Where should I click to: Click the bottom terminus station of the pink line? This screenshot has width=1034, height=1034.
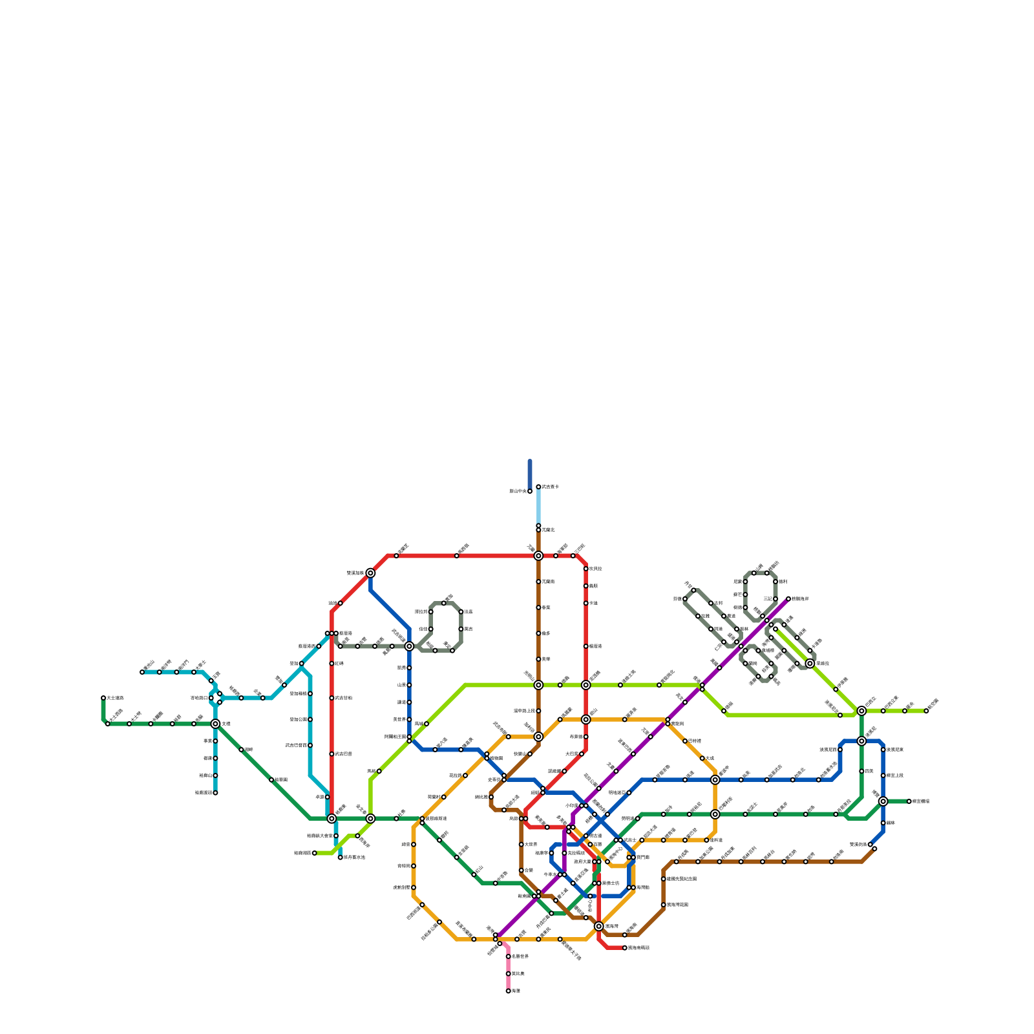pyautogui.click(x=509, y=991)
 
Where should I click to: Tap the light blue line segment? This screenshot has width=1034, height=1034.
pyautogui.click(x=538, y=507)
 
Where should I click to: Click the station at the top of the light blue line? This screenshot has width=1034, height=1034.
pyautogui.click(x=538, y=487)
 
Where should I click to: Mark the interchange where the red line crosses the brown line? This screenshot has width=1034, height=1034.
pyautogui.click(x=538, y=556)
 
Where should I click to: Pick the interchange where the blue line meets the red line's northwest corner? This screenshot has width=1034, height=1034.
pyautogui.click(x=370, y=573)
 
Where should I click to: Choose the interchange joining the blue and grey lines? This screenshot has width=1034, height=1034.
pyautogui.click(x=409, y=646)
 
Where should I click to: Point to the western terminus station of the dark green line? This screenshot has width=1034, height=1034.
pyautogui.click(x=103, y=698)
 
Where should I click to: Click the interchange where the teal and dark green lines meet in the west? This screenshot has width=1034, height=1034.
pyautogui.click(x=215, y=724)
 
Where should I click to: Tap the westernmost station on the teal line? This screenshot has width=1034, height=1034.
pyautogui.click(x=142, y=672)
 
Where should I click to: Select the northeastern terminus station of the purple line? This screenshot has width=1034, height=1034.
pyautogui.click(x=788, y=599)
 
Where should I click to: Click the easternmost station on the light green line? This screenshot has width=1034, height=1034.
pyautogui.click(x=926, y=711)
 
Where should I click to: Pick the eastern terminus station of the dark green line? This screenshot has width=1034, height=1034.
pyautogui.click(x=909, y=801)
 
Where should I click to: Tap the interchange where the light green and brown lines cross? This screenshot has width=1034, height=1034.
pyautogui.click(x=538, y=685)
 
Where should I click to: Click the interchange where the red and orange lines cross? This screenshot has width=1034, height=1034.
pyautogui.click(x=586, y=719)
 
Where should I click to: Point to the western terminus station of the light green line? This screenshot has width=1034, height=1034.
pyautogui.click(x=315, y=853)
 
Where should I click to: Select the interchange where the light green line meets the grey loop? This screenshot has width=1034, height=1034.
pyautogui.click(x=810, y=663)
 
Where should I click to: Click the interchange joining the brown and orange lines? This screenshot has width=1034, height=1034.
pyautogui.click(x=538, y=737)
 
